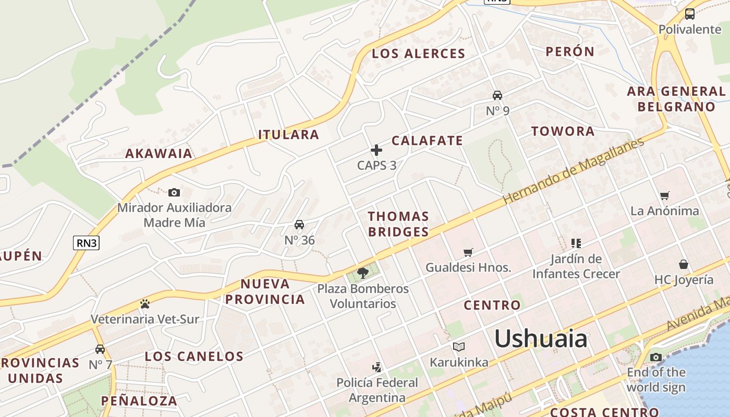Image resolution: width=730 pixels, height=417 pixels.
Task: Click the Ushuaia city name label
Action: click(541, 339)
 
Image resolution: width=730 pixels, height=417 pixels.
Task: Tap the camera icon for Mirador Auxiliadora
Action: click(174, 192)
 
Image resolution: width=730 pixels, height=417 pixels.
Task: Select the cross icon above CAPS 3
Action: click(376, 150)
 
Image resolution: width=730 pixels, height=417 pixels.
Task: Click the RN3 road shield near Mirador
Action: click(86, 243)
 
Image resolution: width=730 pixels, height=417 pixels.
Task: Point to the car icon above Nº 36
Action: click(299, 225)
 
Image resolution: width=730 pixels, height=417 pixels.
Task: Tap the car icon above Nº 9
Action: click(497, 95)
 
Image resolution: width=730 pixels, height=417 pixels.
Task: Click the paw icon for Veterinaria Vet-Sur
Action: click(145, 303)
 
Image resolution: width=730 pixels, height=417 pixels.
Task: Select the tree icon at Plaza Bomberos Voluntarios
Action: click(363, 273)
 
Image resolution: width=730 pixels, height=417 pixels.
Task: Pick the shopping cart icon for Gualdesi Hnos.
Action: click(468, 252)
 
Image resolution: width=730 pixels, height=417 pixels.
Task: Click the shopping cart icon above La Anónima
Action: click(664, 196)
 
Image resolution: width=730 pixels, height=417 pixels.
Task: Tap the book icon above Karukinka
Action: click(459, 347)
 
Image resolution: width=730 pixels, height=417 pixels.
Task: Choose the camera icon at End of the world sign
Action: click(656, 357)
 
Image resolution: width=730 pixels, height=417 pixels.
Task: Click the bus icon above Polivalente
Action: click(690, 14)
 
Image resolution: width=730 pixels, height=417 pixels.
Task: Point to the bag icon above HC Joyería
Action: click(684, 264)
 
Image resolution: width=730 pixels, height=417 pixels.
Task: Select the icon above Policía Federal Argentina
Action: click(376, 367)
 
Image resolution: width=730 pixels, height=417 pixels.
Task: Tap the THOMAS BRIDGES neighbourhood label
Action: click(398, 224)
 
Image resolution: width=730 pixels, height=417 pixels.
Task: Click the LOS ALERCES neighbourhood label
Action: click(418, 54)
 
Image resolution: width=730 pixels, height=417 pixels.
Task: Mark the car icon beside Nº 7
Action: click(100, 349)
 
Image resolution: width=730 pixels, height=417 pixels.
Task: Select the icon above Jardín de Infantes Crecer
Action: click(576, 243)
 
